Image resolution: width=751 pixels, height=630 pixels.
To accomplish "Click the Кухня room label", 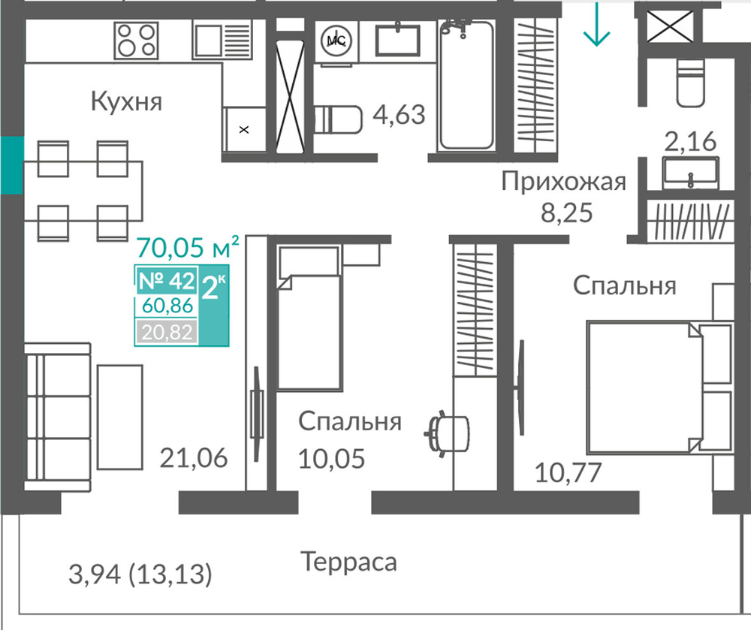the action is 126,101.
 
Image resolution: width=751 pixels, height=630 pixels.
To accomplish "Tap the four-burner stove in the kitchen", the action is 136,41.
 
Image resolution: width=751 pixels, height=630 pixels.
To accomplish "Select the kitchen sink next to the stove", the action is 222,41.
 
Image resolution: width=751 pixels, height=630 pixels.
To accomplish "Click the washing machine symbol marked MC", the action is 336,41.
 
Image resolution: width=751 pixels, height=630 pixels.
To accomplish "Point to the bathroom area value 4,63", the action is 399,115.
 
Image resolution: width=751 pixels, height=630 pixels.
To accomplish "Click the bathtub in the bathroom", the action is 466,85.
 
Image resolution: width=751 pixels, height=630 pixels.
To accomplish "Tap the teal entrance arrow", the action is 596,24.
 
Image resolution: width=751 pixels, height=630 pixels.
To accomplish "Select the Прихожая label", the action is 564,182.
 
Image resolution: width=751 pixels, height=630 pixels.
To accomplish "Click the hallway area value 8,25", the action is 566,213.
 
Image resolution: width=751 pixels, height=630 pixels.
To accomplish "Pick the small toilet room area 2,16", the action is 690,141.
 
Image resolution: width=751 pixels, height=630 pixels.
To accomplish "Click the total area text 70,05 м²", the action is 188,248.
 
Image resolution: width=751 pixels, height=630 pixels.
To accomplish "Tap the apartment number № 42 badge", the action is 167,281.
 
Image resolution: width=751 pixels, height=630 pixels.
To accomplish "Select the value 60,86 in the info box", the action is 167,306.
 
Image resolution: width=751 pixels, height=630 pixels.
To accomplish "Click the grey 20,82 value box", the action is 167,332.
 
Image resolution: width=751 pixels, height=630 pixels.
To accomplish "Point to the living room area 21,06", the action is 194,457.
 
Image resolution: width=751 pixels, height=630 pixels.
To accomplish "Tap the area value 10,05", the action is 331,459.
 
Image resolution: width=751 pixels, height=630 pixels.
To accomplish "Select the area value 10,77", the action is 568,472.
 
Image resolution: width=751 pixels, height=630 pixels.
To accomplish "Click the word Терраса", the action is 348,562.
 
